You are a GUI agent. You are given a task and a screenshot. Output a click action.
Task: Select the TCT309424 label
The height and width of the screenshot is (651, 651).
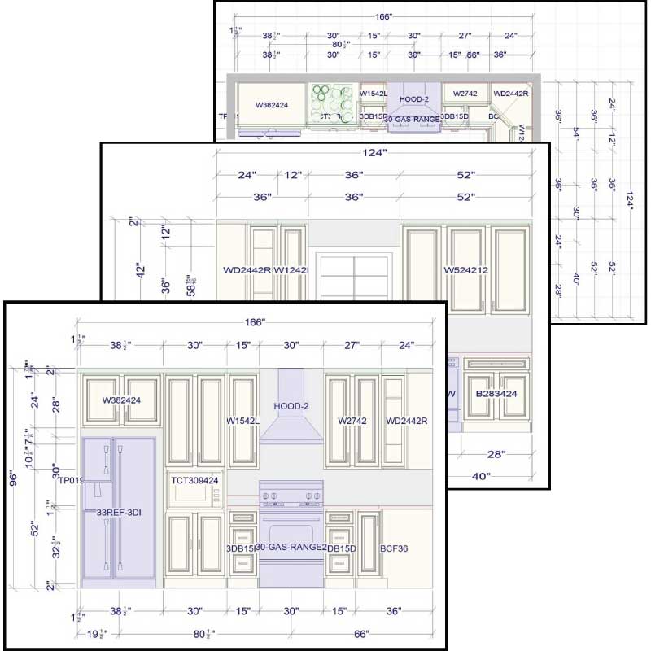[x=194, y=480]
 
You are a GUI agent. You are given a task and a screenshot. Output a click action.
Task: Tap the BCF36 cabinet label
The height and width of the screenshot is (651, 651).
[x=394, y=548]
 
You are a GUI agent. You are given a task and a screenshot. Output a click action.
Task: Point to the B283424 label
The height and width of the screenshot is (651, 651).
[x=496, y=394]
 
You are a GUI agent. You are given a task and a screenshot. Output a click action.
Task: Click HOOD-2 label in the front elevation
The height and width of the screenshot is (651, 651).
[x=291, y=405]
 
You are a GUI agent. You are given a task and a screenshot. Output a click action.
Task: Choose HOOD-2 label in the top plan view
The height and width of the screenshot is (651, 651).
[x=414, y=99]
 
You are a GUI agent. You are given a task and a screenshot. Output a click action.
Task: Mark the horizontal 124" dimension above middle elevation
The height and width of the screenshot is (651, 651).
[x=375, y=152]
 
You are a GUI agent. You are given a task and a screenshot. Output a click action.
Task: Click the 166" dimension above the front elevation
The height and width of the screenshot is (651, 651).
[x=255, y=322]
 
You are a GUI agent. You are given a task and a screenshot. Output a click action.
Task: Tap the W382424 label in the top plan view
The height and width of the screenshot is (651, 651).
[x=273, y=105]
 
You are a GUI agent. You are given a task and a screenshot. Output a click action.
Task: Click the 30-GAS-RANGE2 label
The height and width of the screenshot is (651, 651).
[x=291, y=548]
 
